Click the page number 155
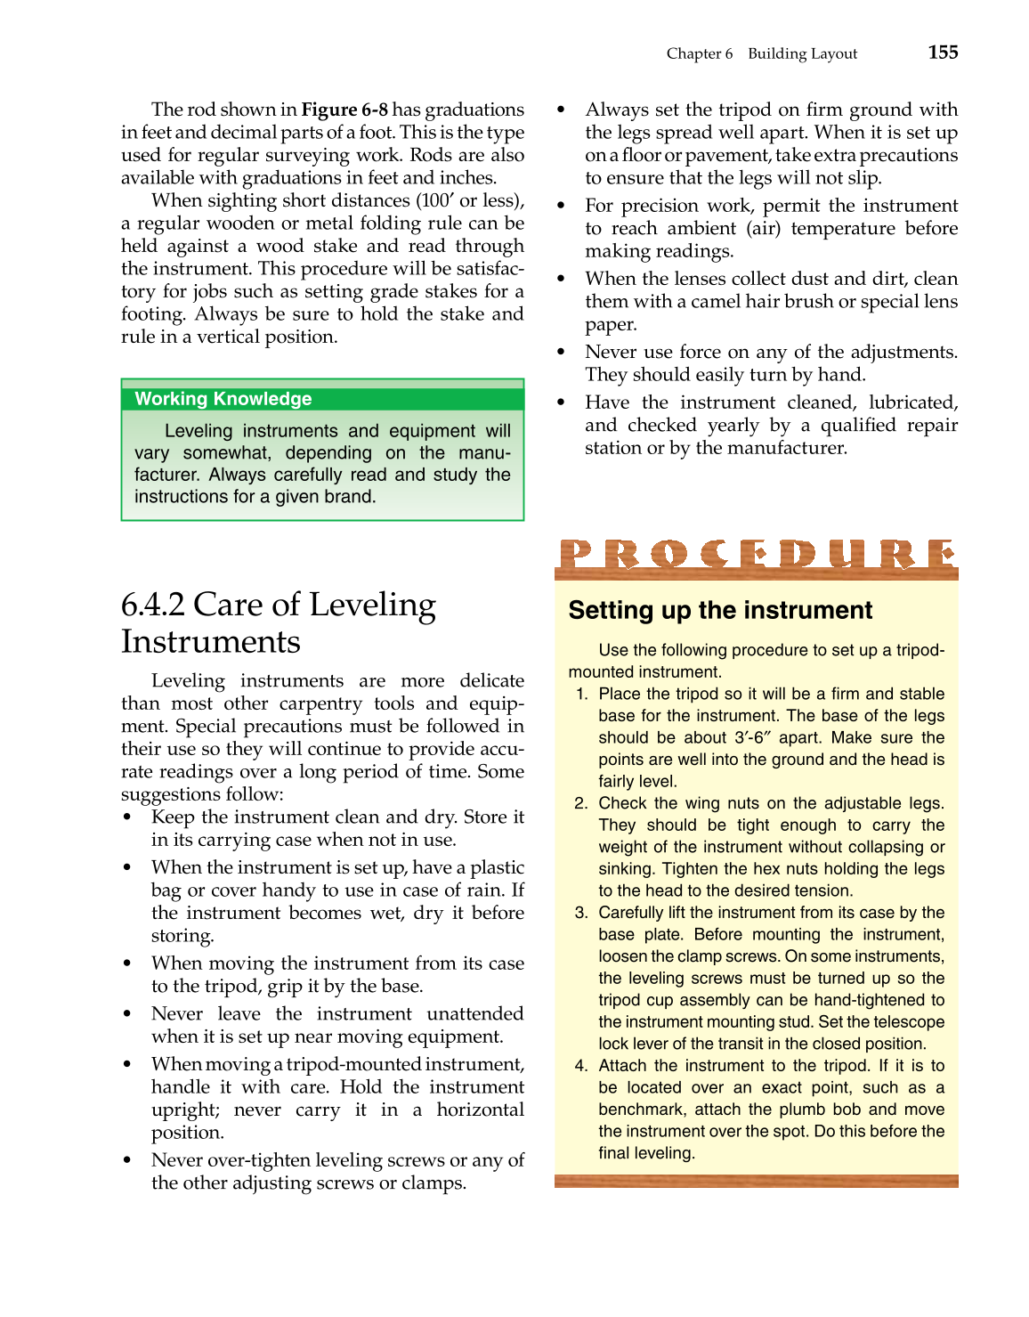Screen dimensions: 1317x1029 [x=943, y=53]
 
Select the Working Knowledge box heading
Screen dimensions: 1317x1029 [x=223, y=399]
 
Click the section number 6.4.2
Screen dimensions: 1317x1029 [x=153, y=605]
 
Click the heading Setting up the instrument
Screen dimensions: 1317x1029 [x=720, y=610]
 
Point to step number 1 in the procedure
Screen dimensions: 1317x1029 [x=581, y=694]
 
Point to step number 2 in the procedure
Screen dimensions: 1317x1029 [x=581, y=803]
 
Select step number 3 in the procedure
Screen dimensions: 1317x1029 [x=581, y=913]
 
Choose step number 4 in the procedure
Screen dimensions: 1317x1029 [x=581, y=1066]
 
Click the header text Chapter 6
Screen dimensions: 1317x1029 [x=700, y=53]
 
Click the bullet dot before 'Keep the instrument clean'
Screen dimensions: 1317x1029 [x=128, y=817]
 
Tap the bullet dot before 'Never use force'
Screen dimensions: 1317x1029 [x=561, y=353]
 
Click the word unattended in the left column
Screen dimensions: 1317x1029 [x=474, y=1014]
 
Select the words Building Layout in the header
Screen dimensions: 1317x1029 [x=802, y=53]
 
